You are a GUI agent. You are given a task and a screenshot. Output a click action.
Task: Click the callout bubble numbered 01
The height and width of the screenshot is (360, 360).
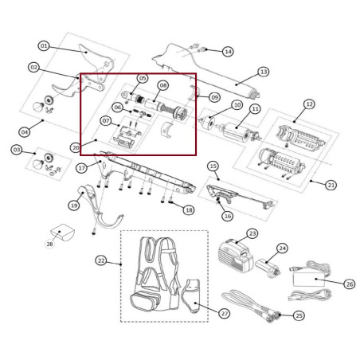[44, 46]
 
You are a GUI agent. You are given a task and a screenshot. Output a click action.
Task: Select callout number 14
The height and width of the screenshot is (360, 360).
[228, 51]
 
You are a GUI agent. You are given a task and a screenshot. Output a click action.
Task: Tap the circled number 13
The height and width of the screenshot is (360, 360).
[264, 72]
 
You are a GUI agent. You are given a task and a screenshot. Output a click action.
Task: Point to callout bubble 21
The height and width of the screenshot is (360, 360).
[331, 185]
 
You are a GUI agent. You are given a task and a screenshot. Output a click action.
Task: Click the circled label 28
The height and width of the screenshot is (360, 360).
[49, 244]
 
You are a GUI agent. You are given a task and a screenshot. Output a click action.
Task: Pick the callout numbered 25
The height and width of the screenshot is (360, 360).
[299, 315]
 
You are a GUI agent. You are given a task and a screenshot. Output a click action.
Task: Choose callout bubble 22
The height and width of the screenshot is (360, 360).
[101, 260]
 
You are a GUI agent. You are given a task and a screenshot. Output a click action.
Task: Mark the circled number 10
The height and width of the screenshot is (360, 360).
[237, 105]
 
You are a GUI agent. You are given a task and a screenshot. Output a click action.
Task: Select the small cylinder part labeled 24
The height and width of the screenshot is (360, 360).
[268, 268]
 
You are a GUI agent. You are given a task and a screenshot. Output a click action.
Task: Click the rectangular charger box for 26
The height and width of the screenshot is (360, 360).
[309, 280]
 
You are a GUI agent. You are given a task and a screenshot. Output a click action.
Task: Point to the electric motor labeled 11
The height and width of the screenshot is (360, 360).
[238, 131]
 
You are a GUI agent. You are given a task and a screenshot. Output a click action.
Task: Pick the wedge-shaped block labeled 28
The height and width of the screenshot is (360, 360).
[63, 233]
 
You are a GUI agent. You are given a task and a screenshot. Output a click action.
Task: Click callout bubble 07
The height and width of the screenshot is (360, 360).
[106, 121]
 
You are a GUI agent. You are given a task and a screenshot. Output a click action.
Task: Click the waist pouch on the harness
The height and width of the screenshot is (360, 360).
[145, 301]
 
